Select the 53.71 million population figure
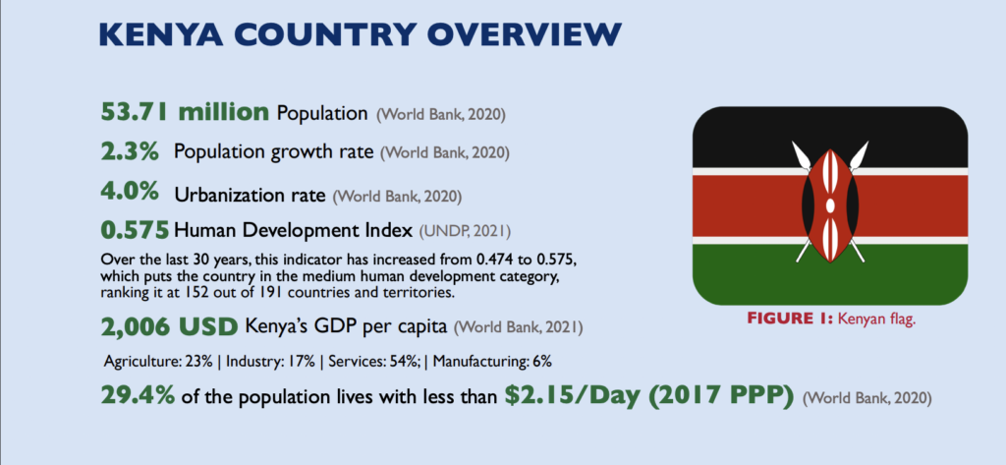tap(186, 112)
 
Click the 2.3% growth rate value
tap(130, 151)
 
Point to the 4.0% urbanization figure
tap(130, 192)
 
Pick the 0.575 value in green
tap(135, 229)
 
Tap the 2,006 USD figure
tap(169, 327)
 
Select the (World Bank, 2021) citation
tap(519, 328)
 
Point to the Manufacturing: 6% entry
tap(492, 362)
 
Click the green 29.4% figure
tap(138, 395)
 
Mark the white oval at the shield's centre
tap(830, 205)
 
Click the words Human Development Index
tap(293, 229)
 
